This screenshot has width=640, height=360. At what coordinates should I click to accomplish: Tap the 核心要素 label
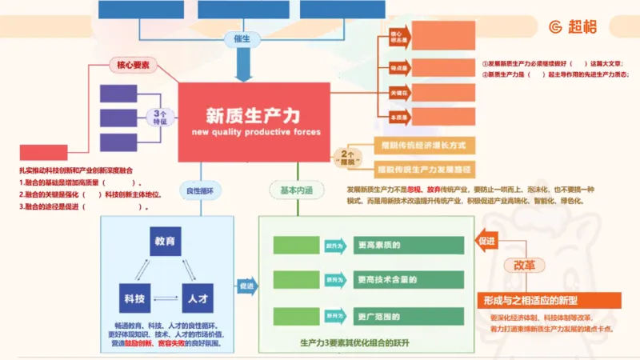[132, 66]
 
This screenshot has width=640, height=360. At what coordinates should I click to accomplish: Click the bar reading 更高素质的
[408, 246]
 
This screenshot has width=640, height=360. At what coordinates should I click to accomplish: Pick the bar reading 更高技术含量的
[408, 280]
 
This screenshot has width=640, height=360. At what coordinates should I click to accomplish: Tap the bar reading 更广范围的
[408, 314]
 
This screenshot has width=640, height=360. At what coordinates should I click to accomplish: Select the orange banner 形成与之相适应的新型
[550, 300]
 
